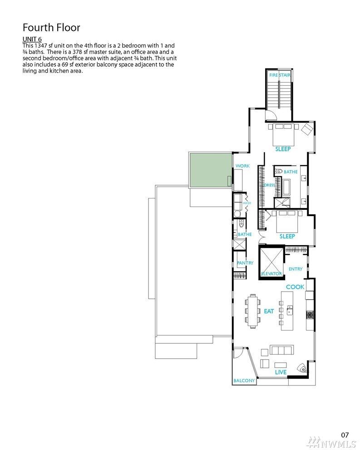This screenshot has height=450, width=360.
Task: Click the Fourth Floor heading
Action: tap(51, 28)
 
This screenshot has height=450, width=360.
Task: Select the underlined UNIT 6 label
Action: tap(32, 40)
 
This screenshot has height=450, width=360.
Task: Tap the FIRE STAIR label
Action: tap(280, 75)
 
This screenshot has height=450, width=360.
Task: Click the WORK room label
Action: tap(242, 166)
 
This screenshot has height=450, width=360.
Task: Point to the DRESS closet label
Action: tap(269, 185)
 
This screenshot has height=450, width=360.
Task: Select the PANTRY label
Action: tap(245, 263)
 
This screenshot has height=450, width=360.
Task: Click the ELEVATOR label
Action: tap(271, 274)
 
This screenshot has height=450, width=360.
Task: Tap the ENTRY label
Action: tap(296, 269)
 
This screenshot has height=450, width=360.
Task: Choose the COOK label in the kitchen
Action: tap(295, 287)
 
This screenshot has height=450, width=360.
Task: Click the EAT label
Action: tap(269, 311)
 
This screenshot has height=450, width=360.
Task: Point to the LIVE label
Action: tap(281, 372)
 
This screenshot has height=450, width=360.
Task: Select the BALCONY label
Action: tap(244, 381)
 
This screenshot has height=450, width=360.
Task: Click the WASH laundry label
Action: tap(247, 203)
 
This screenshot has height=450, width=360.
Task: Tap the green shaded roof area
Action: tap(210, 170)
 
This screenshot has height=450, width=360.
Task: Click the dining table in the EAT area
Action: tap(253, 311)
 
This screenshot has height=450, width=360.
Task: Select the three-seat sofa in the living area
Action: tap(281, 350)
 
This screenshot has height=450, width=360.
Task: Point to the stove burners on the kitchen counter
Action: tap(310, 315)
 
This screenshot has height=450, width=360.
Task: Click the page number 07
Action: tap(345, 435)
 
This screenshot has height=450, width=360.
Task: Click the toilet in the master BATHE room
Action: tap(278, 172)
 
